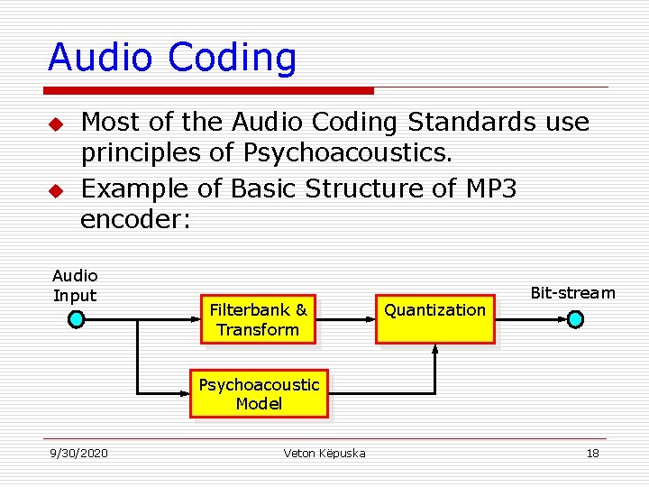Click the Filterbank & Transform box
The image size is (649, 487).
[x=258, y=319]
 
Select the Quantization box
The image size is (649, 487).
[x=435, y=319]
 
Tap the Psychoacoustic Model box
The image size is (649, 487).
[x=259, y=394]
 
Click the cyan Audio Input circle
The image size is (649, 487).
[x=77, y=319]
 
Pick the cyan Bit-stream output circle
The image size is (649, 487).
[x=575, y=319]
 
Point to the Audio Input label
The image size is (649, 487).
[x=75, y=285]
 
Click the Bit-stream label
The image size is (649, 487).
[x=572, y=292]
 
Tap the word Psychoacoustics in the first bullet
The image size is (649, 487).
[x=346, y=153]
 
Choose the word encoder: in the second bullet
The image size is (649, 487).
[x=136, y=221]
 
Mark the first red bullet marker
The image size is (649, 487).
[x=56, y=123]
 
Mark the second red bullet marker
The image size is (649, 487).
[x=56, y=190]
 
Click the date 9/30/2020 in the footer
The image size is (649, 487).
[x=78, y=453]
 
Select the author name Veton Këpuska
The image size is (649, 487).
[x=324, y=453]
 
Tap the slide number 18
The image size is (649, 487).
[x=592, y=453]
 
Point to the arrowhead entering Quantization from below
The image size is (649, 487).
[x=435, y=350]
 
